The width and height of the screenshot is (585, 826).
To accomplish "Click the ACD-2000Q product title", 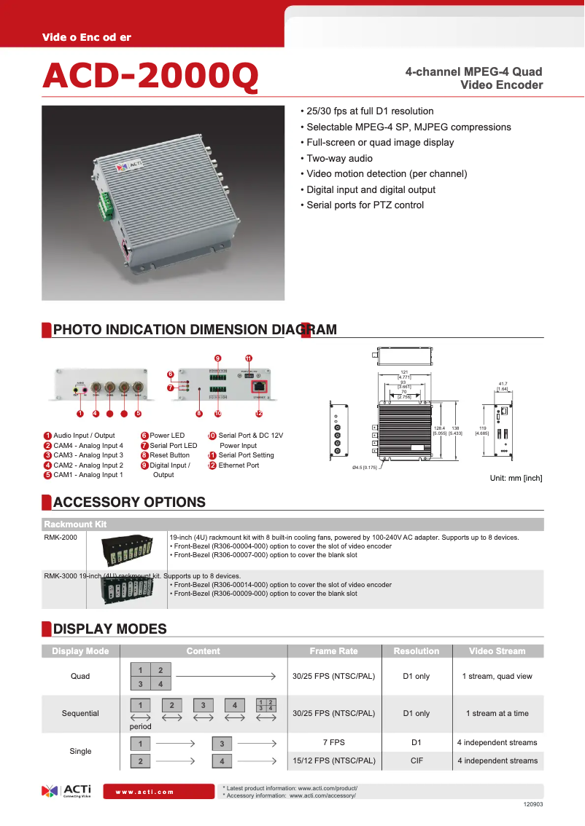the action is click(x=150, y=76).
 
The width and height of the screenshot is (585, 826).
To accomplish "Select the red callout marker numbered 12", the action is click(x=258, y=414).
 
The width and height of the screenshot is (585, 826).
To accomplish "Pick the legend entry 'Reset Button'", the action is click(x=169, y=455).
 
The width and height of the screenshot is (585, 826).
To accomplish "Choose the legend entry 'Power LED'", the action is click(x=167, y=436).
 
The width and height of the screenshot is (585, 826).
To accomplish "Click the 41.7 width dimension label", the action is click(x=503, y=383).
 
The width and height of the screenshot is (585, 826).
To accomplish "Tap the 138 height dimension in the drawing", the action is click(x=455, y=428).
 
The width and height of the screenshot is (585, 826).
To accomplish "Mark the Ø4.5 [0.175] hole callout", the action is click(x=364, y=468).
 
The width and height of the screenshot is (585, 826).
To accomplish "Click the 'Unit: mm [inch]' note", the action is click(x=515, y=479).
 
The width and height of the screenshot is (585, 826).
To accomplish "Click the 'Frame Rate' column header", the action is click(x=333, y=651).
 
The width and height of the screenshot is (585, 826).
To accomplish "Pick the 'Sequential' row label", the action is click(x=80, y=713).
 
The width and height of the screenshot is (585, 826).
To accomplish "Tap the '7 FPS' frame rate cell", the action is click(x=333, y=742).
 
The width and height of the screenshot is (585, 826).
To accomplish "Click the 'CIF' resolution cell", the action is click(x=416, y=760).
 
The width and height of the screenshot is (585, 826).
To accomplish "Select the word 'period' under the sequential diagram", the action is click(x=140, y=726).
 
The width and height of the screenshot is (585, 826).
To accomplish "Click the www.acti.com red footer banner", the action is click(x=160, y=792).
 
